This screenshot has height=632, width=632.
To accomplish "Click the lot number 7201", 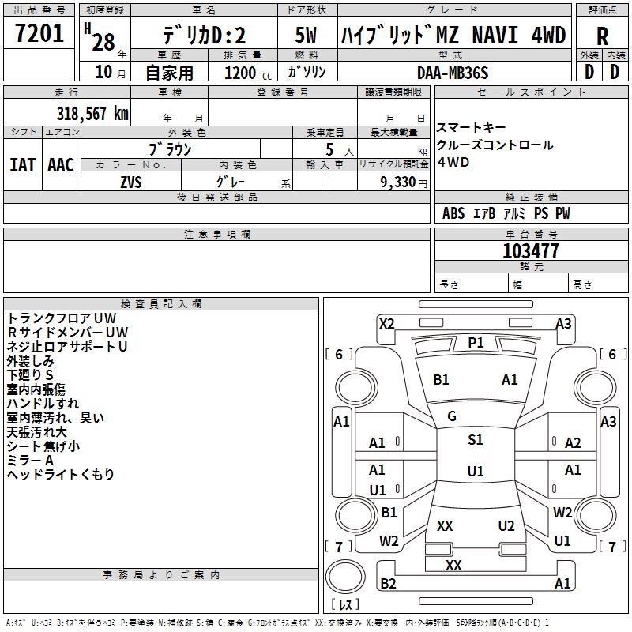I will (39, 35).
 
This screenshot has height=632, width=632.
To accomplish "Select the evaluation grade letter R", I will (602, 36).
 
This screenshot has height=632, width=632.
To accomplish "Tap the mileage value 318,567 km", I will (92, 114).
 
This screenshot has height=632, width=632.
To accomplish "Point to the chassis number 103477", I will (531, 251).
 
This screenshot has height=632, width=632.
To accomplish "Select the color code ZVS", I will (130, 181).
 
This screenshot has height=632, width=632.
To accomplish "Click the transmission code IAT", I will (22, 165).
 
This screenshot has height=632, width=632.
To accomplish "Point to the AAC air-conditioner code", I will (61, 165).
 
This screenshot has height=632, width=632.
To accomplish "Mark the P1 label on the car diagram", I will (476, 342).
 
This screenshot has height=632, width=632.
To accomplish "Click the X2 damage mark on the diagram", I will (386, 323).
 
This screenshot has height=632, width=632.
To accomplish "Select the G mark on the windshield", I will (452, 416).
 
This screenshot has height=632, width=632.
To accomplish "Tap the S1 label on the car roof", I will (476, 440).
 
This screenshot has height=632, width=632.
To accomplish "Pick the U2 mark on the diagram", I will (506, 526).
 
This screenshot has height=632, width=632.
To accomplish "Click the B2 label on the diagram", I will (388, 584).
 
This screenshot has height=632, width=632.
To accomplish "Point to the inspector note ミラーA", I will (30, 460).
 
